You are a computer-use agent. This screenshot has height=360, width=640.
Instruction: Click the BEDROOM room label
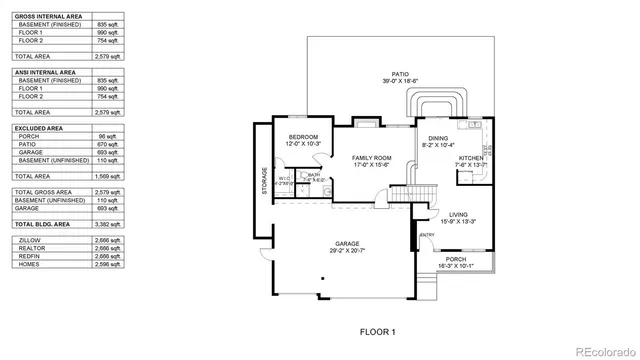[x=303, y=137]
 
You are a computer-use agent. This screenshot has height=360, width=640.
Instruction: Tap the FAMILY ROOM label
[x=370, y=158]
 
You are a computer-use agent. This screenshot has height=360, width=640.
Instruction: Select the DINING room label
[x=438, y=139]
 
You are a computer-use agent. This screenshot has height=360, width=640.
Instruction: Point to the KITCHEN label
[x=472, y=158]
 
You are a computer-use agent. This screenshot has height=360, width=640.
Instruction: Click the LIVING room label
[x=459, y=214]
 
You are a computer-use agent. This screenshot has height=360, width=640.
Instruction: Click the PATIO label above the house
[x=400, y=73]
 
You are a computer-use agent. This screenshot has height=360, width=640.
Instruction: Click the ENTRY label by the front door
[x=427, y=235]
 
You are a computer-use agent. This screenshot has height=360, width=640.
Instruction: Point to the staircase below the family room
[x=403, y=192]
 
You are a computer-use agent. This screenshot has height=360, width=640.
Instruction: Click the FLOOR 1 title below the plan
[x=378, y=331]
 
